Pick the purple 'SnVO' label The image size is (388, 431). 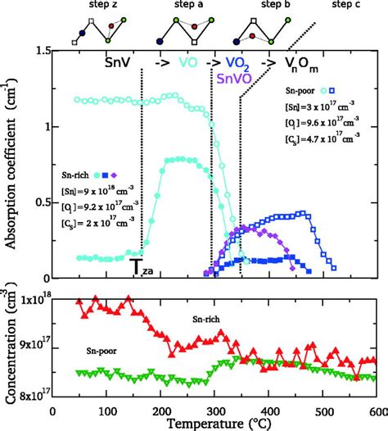(x=237, y=78)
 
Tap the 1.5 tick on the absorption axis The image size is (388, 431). (x=39, y=52)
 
